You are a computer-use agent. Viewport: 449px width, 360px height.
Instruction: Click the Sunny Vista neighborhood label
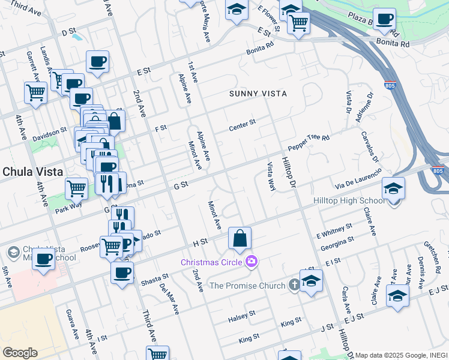point(258,94)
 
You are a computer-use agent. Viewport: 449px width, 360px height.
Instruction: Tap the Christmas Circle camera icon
point(252,261)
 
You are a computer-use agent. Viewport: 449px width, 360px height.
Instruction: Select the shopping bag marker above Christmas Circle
point(240,238)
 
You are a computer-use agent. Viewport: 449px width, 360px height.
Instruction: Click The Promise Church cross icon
point(294,285)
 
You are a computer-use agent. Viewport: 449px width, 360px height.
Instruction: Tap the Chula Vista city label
point(33,172)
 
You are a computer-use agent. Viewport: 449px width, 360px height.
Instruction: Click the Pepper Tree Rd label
point(309,142)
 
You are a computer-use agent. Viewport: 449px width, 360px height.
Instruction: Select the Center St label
point(243,125)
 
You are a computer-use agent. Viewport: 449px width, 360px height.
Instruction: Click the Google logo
point(20,353)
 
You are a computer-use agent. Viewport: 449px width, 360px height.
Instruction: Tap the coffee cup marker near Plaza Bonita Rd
point(384,18)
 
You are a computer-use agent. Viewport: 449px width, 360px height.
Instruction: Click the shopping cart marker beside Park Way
point(76,188)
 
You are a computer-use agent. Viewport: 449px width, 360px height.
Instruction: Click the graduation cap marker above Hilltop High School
point(393,188)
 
